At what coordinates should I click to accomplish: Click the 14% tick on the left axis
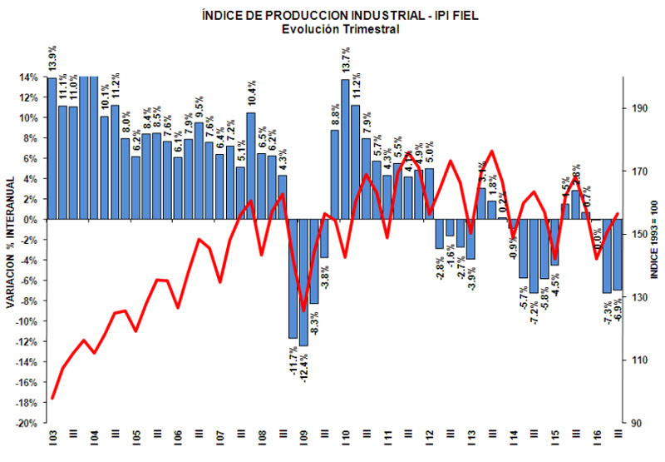[28, 77]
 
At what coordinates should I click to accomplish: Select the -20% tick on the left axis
[27, 423]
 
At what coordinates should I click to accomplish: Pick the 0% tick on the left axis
[30, 220]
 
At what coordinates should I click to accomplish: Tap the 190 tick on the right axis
[638, 108]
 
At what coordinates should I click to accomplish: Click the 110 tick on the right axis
[638, 360]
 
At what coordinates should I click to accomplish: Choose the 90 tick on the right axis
[637, 423]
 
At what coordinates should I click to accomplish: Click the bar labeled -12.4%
[303, 283]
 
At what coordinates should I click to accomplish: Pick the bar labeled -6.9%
[618, 255]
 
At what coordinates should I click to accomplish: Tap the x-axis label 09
[304, 435]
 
